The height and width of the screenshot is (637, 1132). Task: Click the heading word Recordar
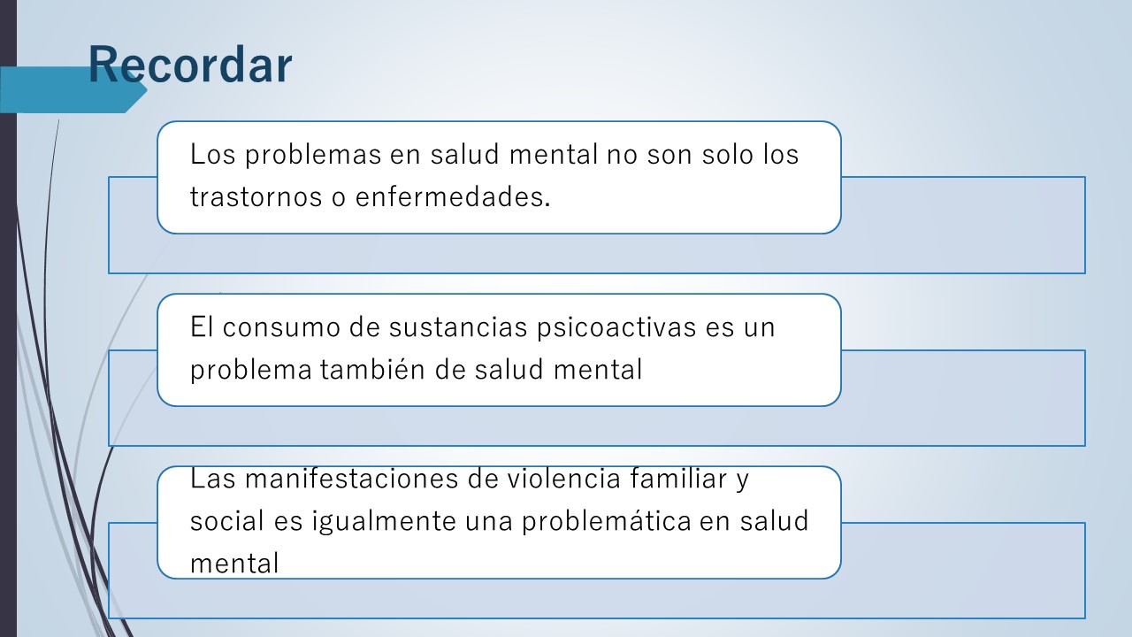(x=190, y=65)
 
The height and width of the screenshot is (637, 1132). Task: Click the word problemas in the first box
(x=313, y=155)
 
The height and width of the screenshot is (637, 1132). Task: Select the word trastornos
(x=256, y=197)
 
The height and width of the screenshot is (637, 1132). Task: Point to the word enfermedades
(x=453, y=196)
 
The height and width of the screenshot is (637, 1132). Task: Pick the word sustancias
(x=458, y=327)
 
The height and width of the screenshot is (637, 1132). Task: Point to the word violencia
(x=564, y=479)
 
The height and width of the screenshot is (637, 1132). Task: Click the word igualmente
(x=384, y=522)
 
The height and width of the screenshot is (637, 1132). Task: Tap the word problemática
(x=607, y=522)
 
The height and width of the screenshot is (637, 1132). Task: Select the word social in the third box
(x=227, y=521)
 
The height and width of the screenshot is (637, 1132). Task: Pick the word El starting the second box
(x=202, y=326)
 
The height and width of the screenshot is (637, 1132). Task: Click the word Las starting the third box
(x=213, y=479)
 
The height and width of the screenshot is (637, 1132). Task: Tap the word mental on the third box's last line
(x=234, y=564)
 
